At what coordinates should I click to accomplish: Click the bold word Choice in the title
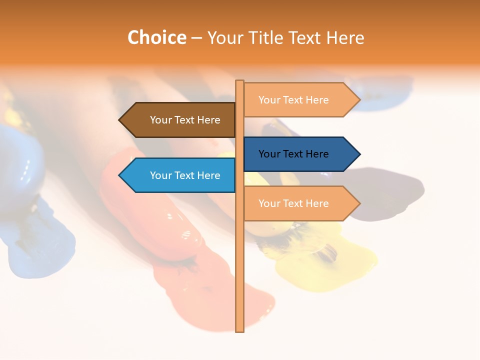156,37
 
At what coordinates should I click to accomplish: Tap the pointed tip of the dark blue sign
359,154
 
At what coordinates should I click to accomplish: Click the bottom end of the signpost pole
239,330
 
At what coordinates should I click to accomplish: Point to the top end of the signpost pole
239,81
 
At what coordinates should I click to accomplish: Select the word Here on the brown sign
208,120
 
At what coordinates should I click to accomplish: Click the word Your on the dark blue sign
269,154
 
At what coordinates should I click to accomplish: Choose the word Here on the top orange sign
317,100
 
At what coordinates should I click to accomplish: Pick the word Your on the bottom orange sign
269,203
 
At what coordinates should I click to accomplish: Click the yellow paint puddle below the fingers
325,265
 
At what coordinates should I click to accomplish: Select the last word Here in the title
345,37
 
